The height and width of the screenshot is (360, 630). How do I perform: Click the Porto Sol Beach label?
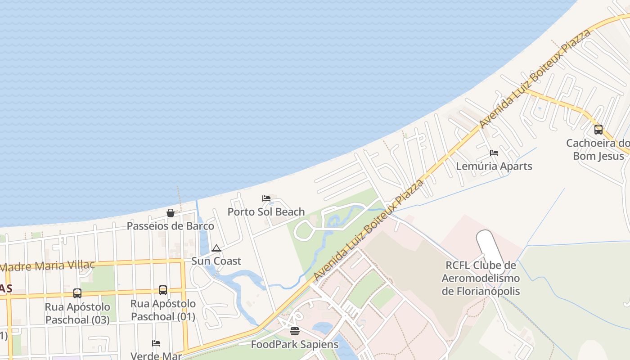coord(266,211)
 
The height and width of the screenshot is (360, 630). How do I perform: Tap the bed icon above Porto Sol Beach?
coord(266,198)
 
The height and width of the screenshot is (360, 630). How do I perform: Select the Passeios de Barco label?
coord(170,226)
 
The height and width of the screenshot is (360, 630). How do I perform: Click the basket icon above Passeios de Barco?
coord(171,213)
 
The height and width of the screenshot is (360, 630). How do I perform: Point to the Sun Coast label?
coord(216,261)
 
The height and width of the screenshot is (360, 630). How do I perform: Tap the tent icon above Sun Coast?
coord(216,248)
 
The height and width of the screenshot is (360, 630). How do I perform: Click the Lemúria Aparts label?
coord(494,166)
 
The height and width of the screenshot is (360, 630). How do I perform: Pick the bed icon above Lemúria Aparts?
coord(494,153)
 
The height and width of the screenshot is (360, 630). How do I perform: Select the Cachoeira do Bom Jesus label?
coord(598,149)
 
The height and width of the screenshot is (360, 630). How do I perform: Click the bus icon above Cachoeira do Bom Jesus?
coord(598,130)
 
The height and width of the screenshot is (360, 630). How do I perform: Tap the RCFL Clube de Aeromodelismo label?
coord(481,278)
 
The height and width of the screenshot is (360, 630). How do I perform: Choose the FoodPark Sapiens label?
coord(294,345)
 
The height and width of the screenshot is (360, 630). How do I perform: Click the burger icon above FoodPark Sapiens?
coord(294,332)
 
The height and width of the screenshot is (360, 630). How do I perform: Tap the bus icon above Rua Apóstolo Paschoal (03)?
coord(77,293)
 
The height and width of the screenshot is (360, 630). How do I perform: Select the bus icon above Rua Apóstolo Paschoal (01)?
coord(163,290)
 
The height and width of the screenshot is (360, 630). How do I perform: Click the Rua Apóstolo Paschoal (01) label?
coord(163,310)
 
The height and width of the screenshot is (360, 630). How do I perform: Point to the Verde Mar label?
coord(156,355)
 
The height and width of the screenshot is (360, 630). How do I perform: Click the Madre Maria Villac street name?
coord(47,265)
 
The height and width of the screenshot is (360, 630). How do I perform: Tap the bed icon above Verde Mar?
coord(156,343)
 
